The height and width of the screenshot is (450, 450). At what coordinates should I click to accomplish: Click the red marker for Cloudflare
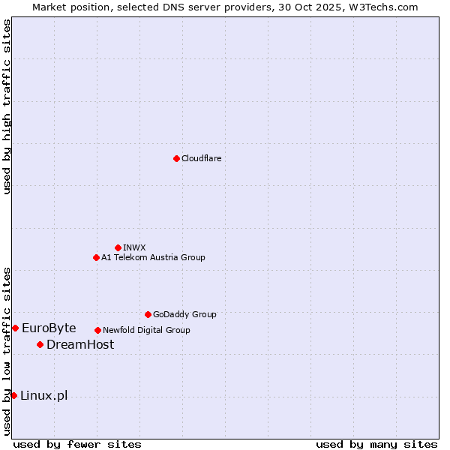(x=176, y=158)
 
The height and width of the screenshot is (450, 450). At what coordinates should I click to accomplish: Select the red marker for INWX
(x=118, y=247)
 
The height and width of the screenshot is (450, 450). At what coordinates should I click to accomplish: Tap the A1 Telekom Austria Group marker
(x=96, y=257)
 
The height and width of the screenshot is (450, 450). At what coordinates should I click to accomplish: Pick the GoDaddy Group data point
(x=148, y=314)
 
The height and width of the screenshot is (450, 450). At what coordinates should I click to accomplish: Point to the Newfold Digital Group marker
(x=97, y=330)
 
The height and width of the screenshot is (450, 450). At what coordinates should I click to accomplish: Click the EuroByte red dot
(x=15, y=328)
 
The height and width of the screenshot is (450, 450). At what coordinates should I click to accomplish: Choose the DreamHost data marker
(x=40, y=344)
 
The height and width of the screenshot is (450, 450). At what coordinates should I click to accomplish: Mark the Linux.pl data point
(x=13, y=395)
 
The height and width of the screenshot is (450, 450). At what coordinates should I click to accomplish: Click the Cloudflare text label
(x=201, y=158)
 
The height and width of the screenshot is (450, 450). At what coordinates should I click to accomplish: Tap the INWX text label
(x=134, y=247)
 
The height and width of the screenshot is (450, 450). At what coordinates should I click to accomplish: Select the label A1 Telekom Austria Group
(x=153, y=257)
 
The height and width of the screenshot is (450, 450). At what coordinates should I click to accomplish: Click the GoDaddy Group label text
(x=184, y=314)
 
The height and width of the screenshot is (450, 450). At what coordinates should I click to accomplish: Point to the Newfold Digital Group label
(x=146, y=330)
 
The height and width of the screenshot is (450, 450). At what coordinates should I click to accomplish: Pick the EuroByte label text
(x=49, y=328)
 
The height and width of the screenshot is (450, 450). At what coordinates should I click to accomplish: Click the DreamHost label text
(x=80, y=344)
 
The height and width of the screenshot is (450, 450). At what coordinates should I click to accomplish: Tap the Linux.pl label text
(x=43, y=395)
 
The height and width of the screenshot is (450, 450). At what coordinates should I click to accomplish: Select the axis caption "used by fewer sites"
(x=77, y=444)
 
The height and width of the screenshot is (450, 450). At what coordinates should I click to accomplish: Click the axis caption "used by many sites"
(x=376, y=444)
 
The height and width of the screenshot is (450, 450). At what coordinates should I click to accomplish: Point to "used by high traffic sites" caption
(x=7, y=106)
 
